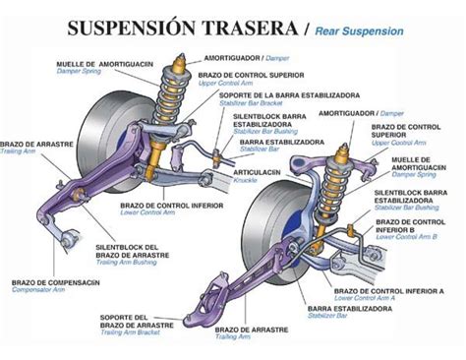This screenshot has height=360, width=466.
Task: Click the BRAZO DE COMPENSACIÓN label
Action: [x=55, y=281]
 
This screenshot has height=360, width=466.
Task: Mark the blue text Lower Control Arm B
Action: [x=413, y=237]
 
